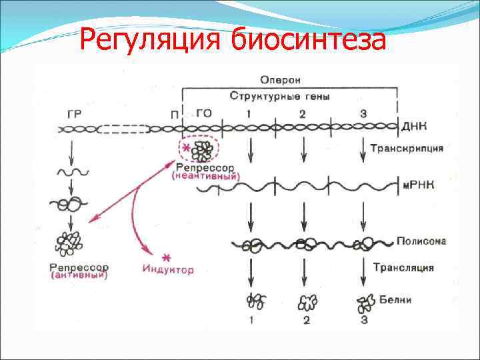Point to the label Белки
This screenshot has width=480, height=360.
click(x=397, y=300)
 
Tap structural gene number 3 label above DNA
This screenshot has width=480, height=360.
click(x=363, y=113)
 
